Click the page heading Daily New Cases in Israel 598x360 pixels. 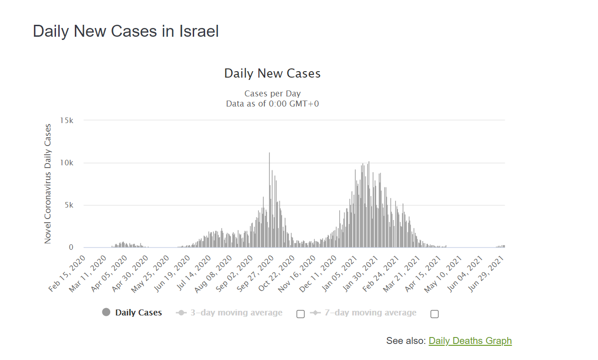coord(126,31)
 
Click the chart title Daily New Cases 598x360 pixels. coord(272,73)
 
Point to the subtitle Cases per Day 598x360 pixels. coord(272,94)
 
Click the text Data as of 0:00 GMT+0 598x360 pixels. coord(272,104)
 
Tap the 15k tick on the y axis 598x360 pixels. coord(67,120)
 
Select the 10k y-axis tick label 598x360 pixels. coord(67,163)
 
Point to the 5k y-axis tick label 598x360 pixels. coord(68,205)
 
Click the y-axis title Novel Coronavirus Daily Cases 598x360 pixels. coord(48,184)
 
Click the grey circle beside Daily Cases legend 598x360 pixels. coord(106,312)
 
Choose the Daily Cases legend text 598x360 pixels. coord(139,313)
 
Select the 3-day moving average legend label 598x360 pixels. coord(236,313)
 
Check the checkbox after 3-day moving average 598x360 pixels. coord(301,314)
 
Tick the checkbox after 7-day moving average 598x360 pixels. coord(435,314)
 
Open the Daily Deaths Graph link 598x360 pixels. coord(470,341)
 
